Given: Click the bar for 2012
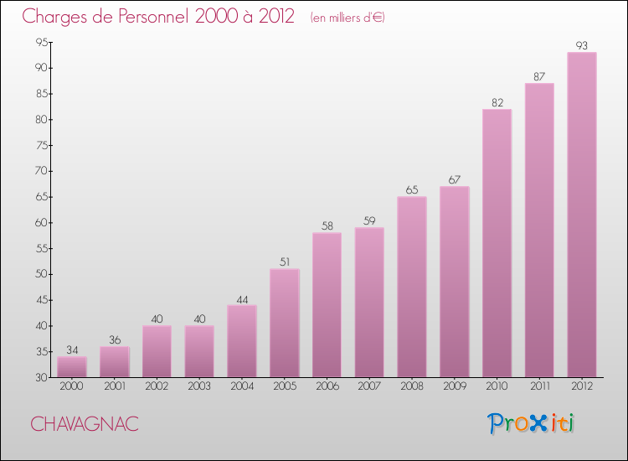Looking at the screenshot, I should (x=582, y=215).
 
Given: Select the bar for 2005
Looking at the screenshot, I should (x=285, y=323).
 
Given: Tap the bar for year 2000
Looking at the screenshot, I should (x=72, y=367).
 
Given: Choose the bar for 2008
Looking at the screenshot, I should (x=412, y=287).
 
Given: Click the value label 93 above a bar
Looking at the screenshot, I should (x=582, y=45).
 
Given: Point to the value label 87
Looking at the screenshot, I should (x=539, y=76).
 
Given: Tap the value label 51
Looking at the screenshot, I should (x=285, y=262).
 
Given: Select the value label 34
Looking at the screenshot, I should (x=72, y=350).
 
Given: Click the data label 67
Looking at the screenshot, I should (x=455, y=179).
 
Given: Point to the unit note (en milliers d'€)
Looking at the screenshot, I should (x=347, y=18).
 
